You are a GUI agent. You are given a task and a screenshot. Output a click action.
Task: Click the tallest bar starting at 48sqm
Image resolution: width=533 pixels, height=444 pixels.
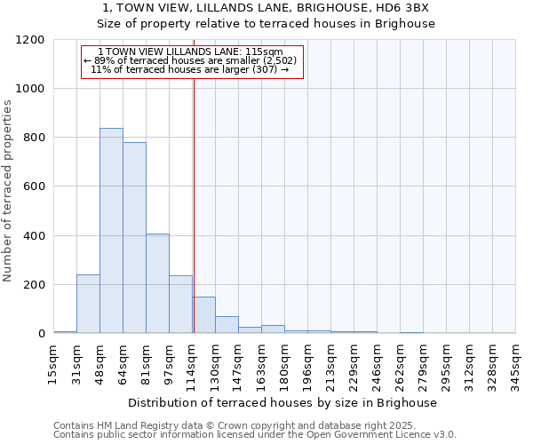tap(111, 231)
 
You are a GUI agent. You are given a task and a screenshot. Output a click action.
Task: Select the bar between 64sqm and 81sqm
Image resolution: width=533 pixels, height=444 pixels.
tap(134, 238)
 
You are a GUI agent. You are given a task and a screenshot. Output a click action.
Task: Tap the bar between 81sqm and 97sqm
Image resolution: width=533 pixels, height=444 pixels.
tap(157, 283)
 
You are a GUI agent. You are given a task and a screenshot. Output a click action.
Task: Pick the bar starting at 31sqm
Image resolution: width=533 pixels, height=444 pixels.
tap(88, 304)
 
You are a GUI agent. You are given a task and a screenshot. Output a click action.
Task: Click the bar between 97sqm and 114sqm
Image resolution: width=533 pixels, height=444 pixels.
tap(180, 305)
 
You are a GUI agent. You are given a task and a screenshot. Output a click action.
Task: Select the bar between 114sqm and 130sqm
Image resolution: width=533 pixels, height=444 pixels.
tap(203, 315)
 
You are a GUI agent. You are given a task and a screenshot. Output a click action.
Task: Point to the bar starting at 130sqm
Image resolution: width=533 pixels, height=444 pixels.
tap(227, 325)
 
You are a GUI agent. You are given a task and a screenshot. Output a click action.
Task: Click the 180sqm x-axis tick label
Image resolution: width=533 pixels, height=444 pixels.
tap(284, 362)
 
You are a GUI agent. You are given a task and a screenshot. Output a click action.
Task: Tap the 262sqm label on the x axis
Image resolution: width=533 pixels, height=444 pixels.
tap(400, 362)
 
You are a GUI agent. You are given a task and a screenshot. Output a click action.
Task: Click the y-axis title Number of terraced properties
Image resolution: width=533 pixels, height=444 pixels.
tap(8, 191)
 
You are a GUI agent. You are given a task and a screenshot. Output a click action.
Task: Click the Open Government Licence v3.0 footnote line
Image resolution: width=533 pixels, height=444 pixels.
tap(255, 435)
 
